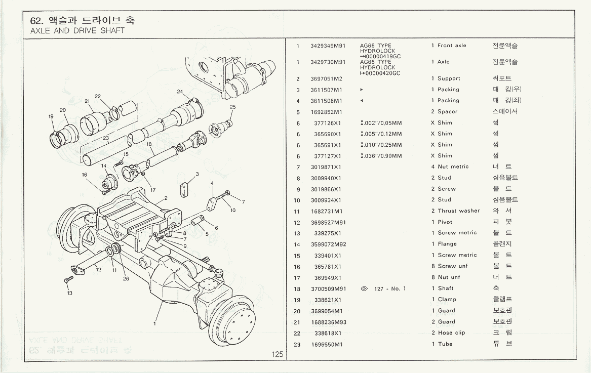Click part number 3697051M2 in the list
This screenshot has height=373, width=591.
[x=326, y=78]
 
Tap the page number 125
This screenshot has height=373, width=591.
[x=277, y=354]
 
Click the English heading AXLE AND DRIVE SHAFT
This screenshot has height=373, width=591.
[x=77, y=30]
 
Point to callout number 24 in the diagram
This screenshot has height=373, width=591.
[x=180, y=92]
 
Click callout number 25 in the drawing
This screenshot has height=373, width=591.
[x=232, y=107]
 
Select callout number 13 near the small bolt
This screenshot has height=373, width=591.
[x=69, y=293]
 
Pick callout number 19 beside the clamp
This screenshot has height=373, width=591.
[x=51, y=116]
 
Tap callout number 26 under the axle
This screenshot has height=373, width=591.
[x=126, y=278]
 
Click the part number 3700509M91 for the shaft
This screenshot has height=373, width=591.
[x=328, y=288]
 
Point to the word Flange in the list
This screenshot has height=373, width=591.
[x=447, y=244]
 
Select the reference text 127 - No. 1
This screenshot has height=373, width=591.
[x=390, y=288]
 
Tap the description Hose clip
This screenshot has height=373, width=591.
[x=451, y=333]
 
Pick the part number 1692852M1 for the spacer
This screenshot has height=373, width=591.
[x=326, y=112]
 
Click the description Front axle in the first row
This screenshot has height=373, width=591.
[x=452, y=46]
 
